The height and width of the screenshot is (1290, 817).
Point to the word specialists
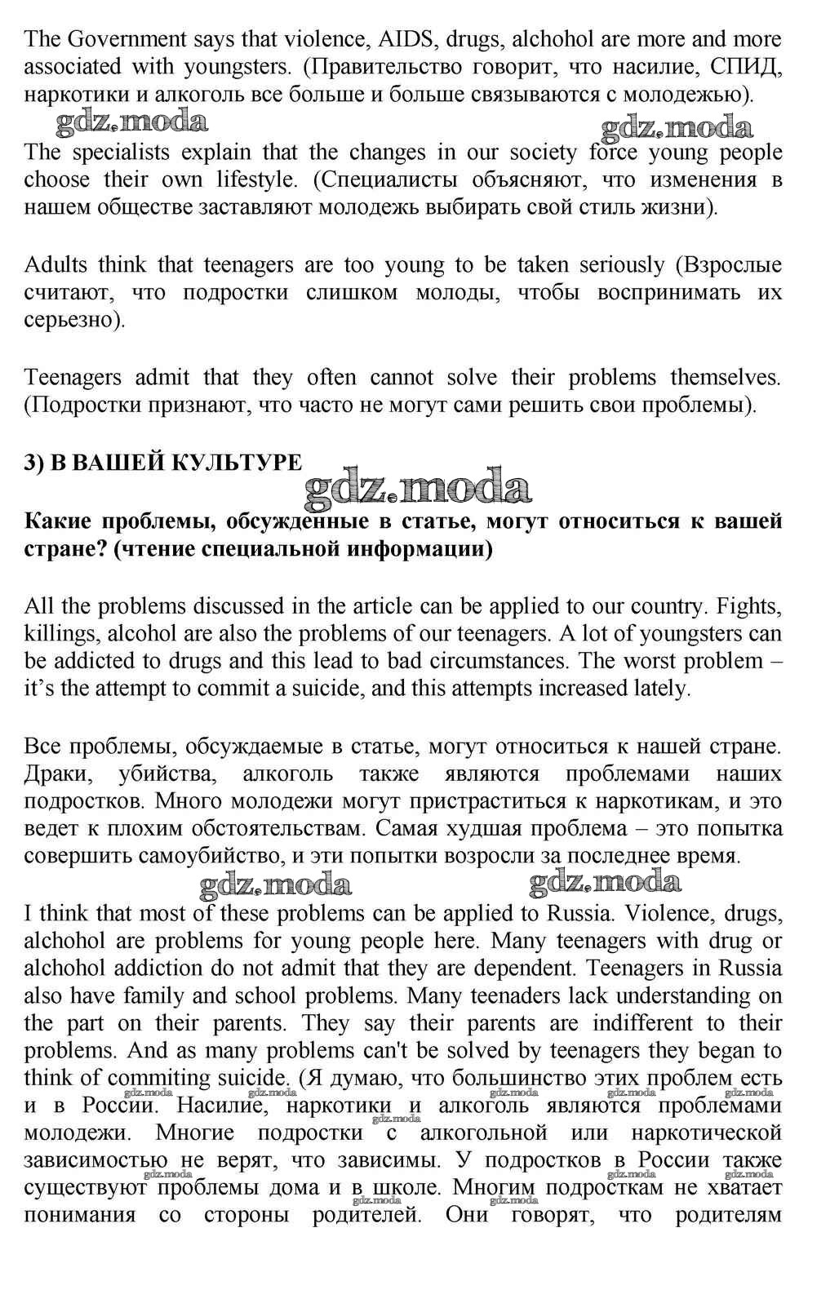tap(121, 153)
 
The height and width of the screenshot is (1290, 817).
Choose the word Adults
tap(57, 265)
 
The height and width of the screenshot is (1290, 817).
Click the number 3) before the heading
tap(33, 463)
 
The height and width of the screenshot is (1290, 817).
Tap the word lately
tap(662, 688)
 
